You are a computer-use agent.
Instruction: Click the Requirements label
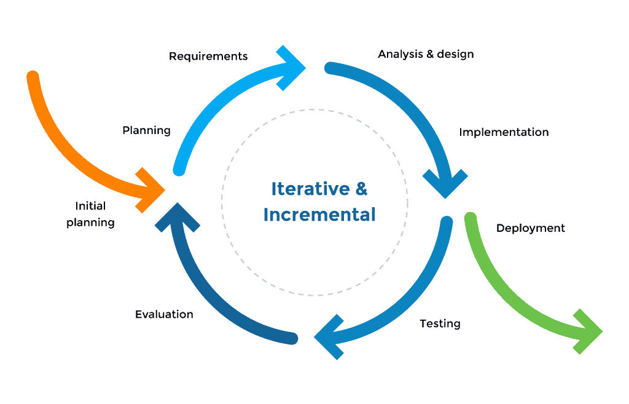pos(208,57)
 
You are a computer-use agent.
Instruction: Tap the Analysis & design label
pos(426,54)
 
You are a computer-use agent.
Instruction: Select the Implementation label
pos(504,132)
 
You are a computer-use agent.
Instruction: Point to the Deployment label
pos(530,228)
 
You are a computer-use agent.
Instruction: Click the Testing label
pos(440,323)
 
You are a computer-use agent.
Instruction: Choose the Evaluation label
pos(164,314)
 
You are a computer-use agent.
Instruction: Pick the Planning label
pos(146,130)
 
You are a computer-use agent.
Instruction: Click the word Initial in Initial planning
pos(90,206)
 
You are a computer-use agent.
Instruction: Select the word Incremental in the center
pos(319,215)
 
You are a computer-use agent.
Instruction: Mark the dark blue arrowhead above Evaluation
pos(176,215)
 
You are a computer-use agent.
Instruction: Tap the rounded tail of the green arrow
pos(471,218)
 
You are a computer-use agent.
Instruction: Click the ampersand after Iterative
pos(362,189)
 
